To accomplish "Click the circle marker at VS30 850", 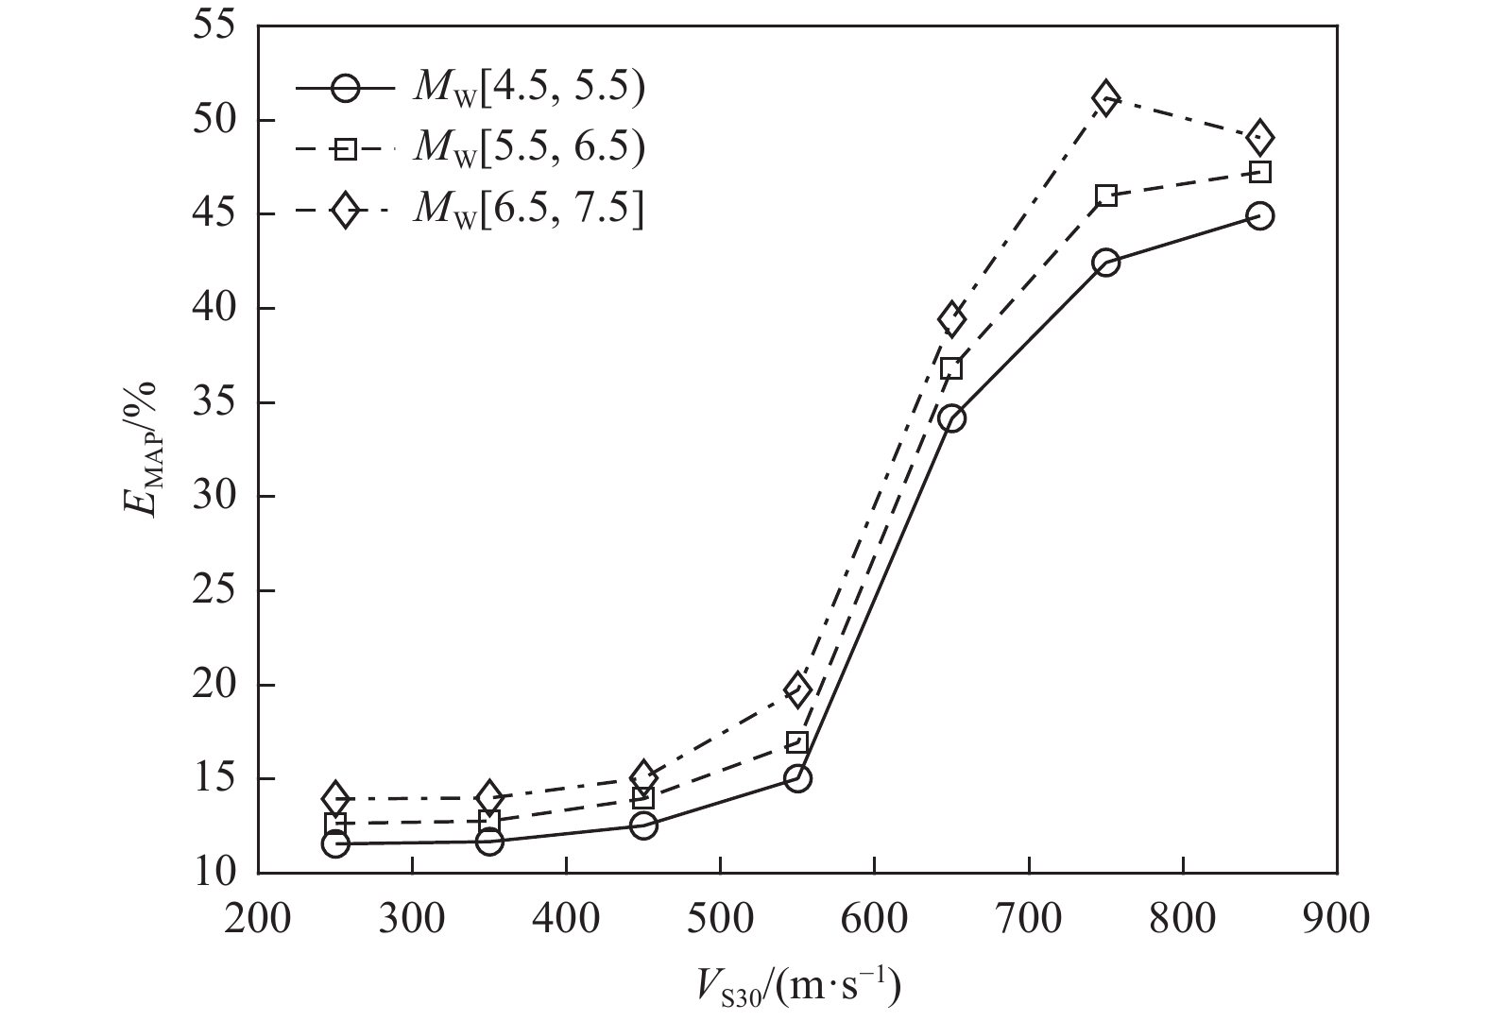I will coord(1258,216).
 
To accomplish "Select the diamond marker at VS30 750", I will coord(1105,98).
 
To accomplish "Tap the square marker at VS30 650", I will coord(951,368).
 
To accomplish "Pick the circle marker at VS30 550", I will coord(797,778).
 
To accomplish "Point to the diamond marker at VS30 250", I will coord(334,798).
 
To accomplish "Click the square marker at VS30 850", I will coord(1258,172).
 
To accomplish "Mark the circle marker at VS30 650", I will coord(951,418).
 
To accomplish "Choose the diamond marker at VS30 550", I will coord(797,689).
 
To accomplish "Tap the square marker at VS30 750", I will coord(1105,196).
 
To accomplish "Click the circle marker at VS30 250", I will coord(334,843).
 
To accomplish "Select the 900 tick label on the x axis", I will coord(1336,918).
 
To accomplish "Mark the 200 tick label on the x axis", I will coord(258,918).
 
